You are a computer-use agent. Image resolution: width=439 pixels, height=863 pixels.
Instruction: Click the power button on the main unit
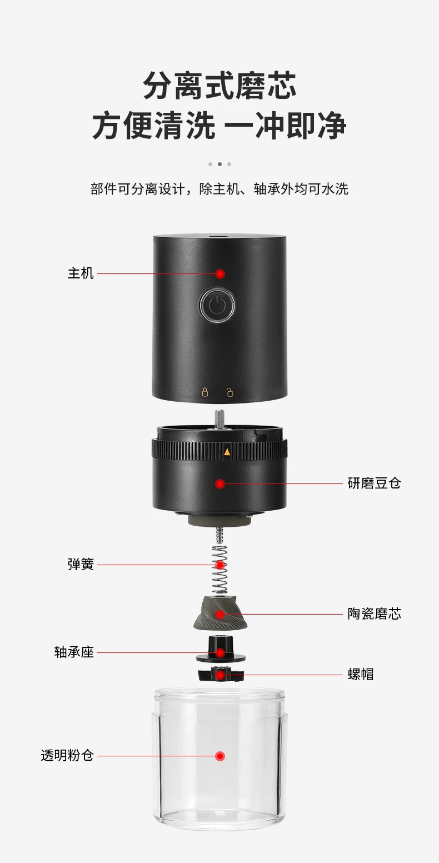pyautogui.click(x=217, y=305)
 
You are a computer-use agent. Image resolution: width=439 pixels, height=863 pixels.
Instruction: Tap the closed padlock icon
pyautogui.click(x=205, y=392)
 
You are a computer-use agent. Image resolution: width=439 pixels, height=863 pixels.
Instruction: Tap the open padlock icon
pyautogui.click(x=230, y=392)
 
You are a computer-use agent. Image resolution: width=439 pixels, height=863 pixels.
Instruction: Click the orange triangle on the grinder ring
pyautogui.click(x=227, y=452)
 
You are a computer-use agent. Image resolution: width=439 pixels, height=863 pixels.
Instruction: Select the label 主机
pyautogui.click(x=81, y=273)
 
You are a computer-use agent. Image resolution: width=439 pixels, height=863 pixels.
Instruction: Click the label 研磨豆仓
pyautogui.click(x=374, y=483)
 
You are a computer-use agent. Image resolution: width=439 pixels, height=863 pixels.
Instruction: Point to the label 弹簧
pyautogui.click(x=81, y=565)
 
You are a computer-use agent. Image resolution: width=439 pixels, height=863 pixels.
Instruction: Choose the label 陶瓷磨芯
pyautogui.click(x=374, y=613)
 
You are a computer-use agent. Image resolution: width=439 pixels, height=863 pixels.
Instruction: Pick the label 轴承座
pyautogui.click(x=74, y=652)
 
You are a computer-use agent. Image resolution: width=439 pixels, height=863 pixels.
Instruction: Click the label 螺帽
pyautogui.click(x=361, y=675)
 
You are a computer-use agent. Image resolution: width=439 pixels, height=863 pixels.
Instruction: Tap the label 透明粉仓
pyautogui.click(x=67, y=756)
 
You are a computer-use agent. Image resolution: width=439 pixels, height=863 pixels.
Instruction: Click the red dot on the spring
pyautogui.click(x=220, y=565)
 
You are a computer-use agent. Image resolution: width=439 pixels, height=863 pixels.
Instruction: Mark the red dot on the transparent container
pyautogui.click(x=220, y=756)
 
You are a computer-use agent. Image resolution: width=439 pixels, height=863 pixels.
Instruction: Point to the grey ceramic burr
pyautogui.click(x=220, y=613)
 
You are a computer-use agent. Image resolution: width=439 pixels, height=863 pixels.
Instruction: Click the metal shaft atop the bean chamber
pyautogui.click(x=219, y=419)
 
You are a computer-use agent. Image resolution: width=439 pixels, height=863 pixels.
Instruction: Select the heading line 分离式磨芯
pyautogui.click(x=219, y=86)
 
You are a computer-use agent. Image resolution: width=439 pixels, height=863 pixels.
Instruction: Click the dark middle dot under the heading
pyautogui.click(x=219, y=164)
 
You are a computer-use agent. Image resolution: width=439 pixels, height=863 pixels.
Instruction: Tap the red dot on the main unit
pyautogui.click(x=220, y=274)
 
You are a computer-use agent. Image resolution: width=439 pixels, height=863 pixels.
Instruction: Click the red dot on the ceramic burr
pyautogui.click(x=220, y=615)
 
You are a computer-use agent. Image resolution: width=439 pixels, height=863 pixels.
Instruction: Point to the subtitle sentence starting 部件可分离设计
pyautogui.click(x=219, y=189)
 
